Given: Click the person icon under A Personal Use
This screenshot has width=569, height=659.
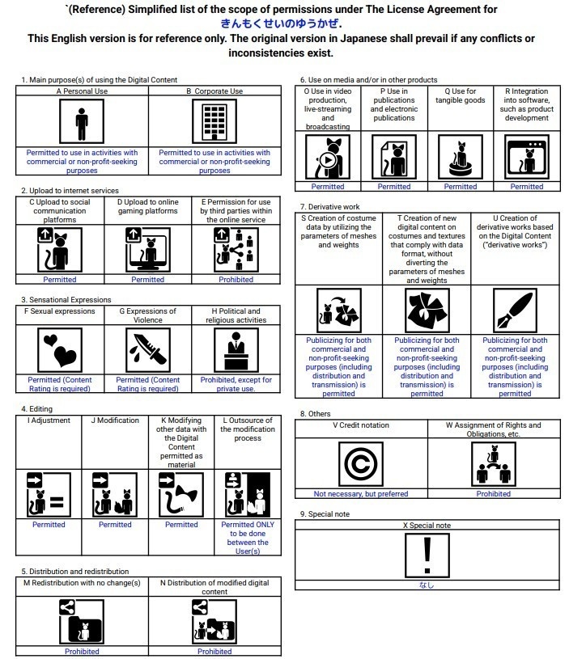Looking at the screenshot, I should tap(81, 122).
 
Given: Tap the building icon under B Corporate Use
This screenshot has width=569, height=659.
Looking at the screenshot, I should tap(214, 122).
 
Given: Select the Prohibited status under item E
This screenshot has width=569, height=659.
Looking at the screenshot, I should tap(236, 280).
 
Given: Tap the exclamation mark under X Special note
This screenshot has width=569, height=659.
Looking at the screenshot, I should tap(427, 556).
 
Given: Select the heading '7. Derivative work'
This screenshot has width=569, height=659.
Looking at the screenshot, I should tap(329, 207).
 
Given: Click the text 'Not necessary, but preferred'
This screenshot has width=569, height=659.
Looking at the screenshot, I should tap(361, 494).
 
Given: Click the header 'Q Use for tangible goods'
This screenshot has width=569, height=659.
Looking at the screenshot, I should tap(461, 96).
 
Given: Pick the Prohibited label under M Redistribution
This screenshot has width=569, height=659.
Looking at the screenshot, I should tap(82, 651).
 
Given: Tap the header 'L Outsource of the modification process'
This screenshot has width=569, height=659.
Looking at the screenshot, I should tap(248, 429).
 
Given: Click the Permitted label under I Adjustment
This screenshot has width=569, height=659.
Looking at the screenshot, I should tap(49, 525).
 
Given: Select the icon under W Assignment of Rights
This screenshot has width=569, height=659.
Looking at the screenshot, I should tap(493, 464).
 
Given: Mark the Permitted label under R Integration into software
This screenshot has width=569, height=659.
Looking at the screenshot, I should tap(527, 187).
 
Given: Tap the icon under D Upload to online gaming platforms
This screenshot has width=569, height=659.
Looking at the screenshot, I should tap(148, 250).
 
